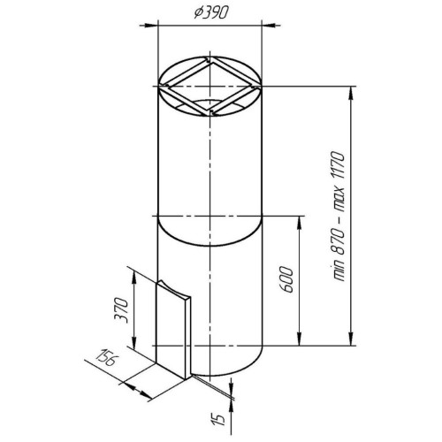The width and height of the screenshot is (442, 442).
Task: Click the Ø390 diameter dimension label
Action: [x=211, y=12]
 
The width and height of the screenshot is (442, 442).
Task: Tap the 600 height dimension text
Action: [x=286, y=279]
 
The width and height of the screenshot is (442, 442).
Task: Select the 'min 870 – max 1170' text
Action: [x=339, y=216]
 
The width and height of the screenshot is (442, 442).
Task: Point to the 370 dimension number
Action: [x=122, y=310]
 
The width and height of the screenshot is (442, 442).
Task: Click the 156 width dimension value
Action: [x=107, y=357]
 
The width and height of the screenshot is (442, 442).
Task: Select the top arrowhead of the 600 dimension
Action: [x=300, y=224]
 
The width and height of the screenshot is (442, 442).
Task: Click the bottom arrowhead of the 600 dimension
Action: [x=300, y=338]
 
